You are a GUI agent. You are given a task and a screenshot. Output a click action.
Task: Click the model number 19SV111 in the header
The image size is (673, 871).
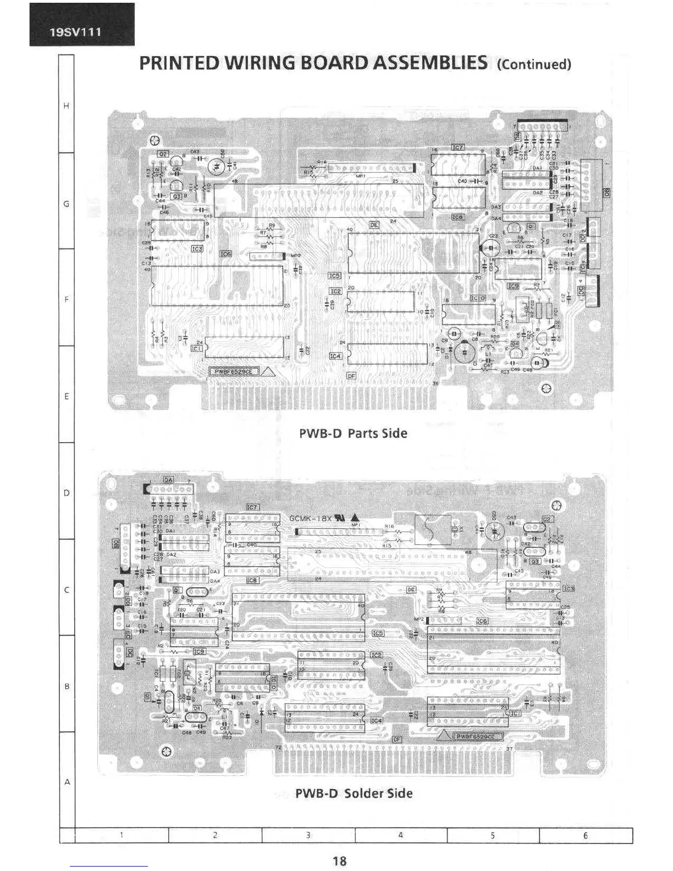coord(75,31)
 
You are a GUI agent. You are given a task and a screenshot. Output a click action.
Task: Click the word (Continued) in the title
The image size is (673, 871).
coord(533,64)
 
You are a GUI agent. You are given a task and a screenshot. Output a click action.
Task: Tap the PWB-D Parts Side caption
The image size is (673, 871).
coord(353,433)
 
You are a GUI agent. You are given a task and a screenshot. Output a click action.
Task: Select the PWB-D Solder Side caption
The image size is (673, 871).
coord(354,793)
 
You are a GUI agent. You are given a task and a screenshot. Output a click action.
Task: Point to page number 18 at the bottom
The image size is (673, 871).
coord(339,861)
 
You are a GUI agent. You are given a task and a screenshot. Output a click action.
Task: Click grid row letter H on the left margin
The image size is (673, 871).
coord(67,106)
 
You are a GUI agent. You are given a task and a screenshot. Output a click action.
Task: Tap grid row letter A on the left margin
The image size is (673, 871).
coord(67,781)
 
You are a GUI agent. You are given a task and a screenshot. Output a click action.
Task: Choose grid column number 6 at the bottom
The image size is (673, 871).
coord(585,835)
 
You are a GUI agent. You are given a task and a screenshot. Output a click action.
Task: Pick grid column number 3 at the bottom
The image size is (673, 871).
coord(308,835)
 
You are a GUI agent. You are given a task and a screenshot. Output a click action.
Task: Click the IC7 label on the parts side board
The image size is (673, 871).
coord(457,147)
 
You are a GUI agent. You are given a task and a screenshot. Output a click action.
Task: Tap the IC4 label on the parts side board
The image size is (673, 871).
coord(335,356)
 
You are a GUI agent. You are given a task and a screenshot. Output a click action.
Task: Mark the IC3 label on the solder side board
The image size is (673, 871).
coord(568,588)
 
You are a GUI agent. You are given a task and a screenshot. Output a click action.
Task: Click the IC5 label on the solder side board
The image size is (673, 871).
coord(378,633)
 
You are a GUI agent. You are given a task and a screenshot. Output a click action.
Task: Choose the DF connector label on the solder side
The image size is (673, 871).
coord(396,740)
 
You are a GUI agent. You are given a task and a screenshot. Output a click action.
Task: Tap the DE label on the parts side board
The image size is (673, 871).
coord(374,224)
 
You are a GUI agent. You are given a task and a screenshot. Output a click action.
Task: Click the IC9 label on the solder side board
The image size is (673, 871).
coord(198,651)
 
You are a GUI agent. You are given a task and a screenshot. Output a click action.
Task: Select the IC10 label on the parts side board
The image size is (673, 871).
coord(478,297)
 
